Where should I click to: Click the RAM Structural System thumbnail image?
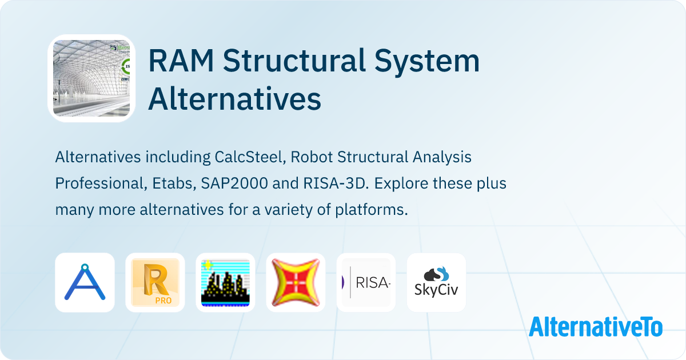(x=91, y=78)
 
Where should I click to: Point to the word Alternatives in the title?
(x=234, y=99)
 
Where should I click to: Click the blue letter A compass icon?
(x=85, y=282)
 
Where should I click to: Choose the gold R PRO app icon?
(x=155, y=282)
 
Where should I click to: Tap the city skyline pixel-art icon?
(x=225, y=282)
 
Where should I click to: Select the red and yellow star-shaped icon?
(x=296, y=282)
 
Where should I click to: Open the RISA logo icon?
(x=366, y=282)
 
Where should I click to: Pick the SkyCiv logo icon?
(x=436, y=282)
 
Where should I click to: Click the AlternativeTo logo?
(x=595, y=326)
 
